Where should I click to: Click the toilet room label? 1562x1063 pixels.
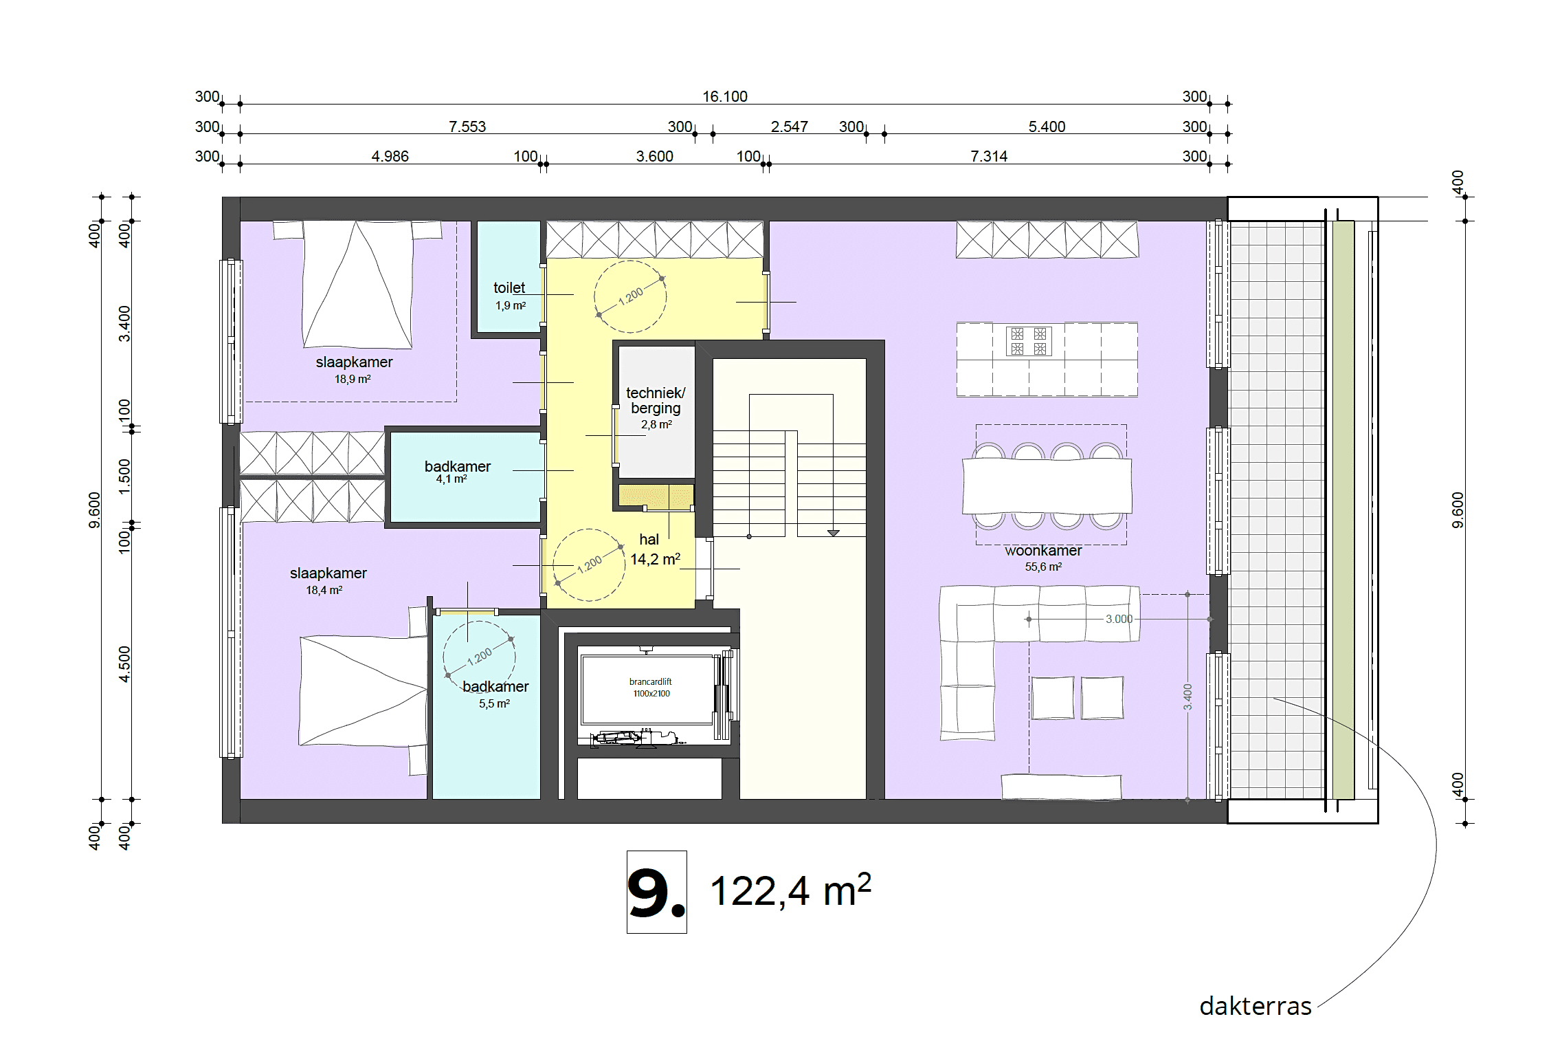coord(509,288)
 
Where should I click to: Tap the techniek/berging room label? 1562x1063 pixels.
coord(656,400)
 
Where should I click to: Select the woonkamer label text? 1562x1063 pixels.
coord(1042,551)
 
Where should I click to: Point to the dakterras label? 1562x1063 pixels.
coord(1255,1006)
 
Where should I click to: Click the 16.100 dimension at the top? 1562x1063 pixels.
coord(724,96)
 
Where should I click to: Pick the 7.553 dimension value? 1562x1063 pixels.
coord(467,127)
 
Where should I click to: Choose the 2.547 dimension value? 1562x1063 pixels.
coord(789,127)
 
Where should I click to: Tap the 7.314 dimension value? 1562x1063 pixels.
coord(989,156)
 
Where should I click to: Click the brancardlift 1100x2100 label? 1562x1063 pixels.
coord(651,688)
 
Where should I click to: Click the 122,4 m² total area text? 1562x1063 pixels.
coord(790,890)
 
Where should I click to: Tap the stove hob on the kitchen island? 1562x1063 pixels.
coord(1029,341)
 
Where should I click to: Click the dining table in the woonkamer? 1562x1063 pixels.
coord(1047,486)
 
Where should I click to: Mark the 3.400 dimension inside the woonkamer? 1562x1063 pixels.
coord(1187,697)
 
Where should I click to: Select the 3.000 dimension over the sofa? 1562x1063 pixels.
coord(1119,619)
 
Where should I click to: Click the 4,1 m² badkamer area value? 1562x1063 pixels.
coord(451,479)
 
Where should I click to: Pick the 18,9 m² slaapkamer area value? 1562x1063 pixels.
coord(353,379)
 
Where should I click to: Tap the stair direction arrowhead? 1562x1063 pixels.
coord(833,533)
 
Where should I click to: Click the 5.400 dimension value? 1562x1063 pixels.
coord(1047,127)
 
